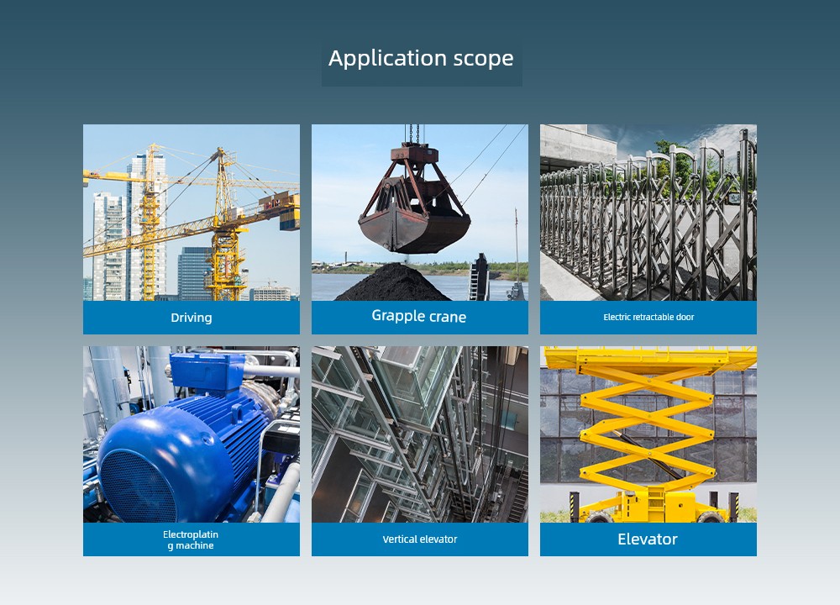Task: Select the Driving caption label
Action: click(192, 318)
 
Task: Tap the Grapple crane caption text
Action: click(419, 316)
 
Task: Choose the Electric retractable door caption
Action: click(648, 317)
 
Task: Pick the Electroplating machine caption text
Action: click(191, 539)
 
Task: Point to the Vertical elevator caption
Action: click(420, 539)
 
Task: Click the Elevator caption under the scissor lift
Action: click(648, 539)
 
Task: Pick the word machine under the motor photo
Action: click(191, 545)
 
